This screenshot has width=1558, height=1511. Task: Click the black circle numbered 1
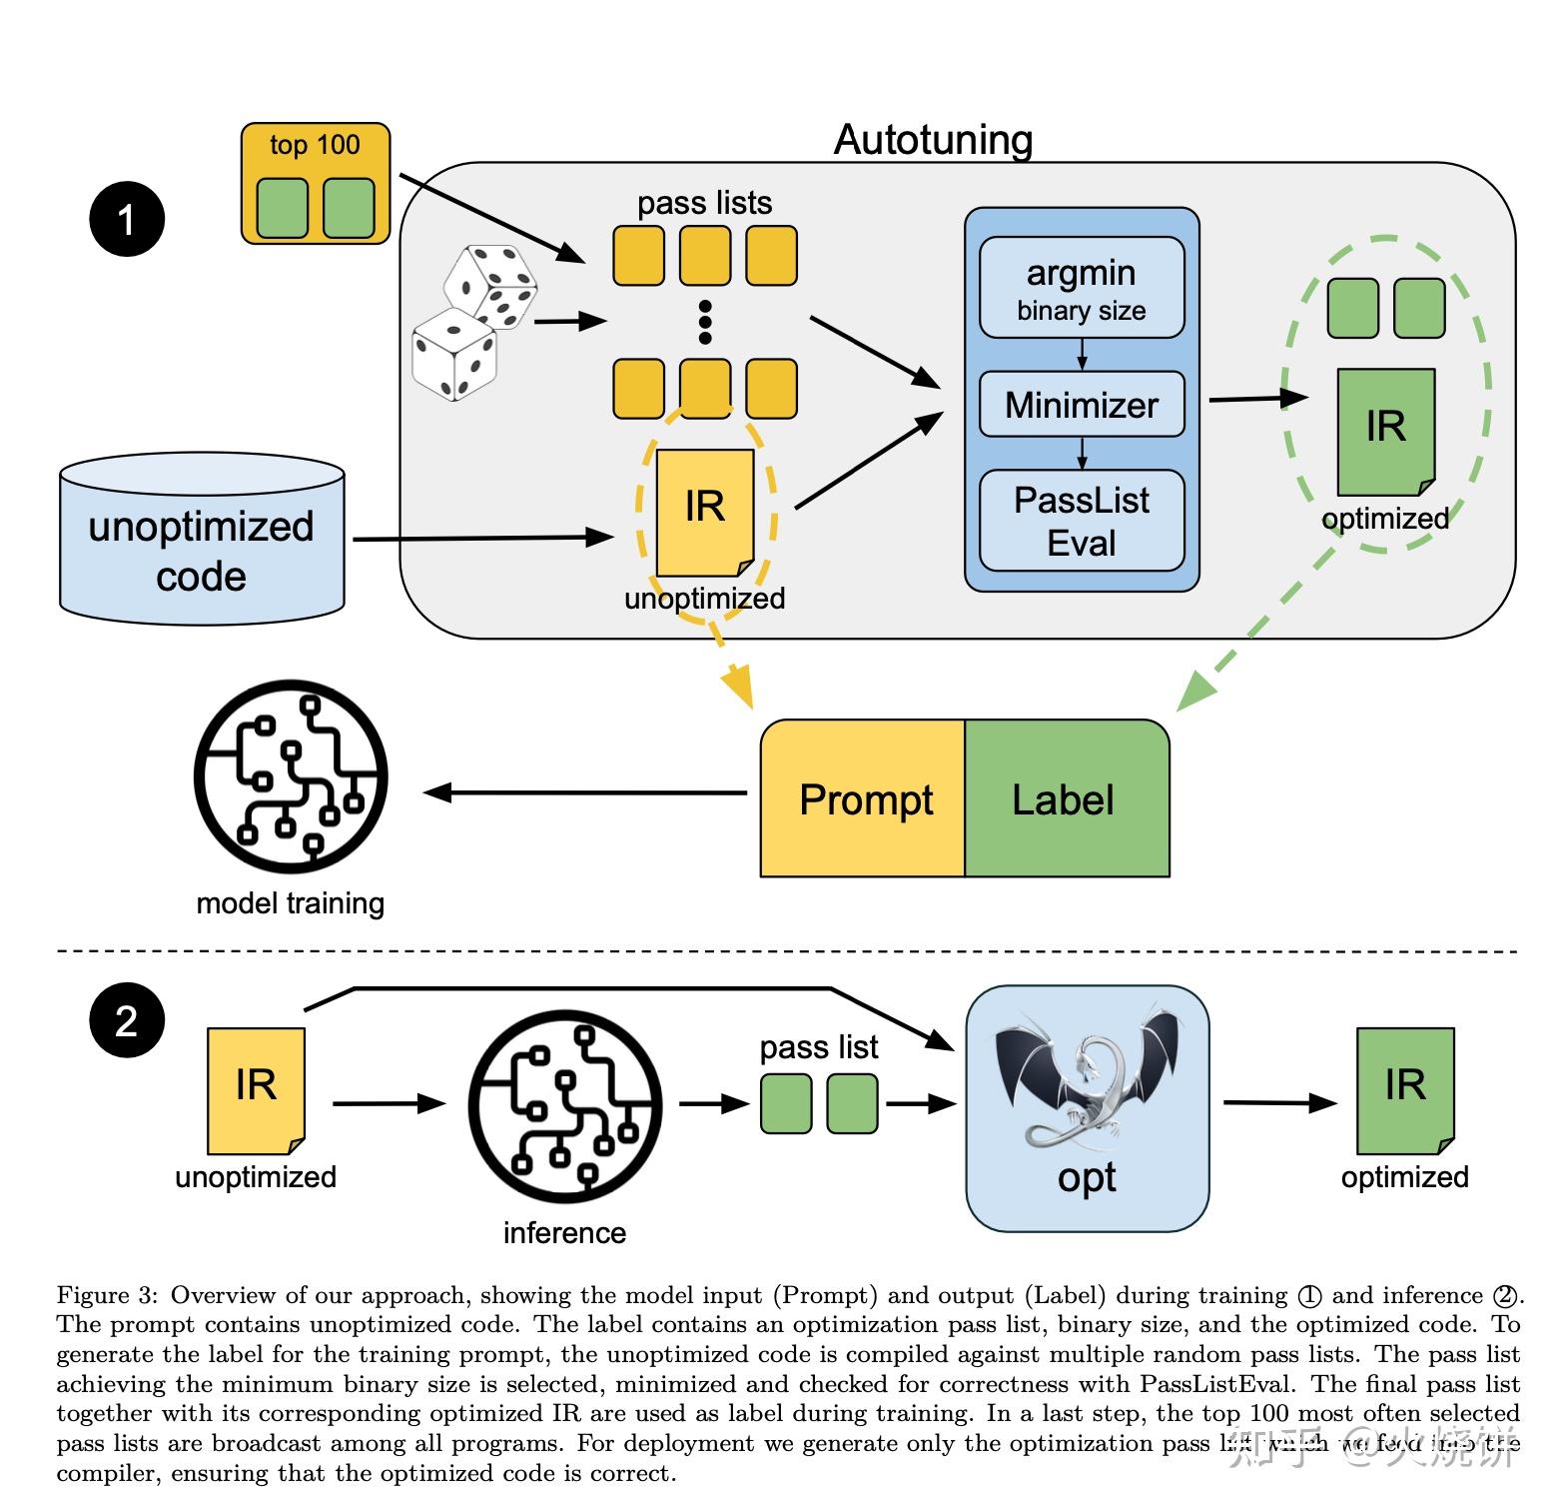[127, 219]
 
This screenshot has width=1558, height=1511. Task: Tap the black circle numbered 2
[127, 1020]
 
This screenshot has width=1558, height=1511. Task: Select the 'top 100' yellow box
[316, 184]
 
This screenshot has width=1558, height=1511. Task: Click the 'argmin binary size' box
[1082, 288]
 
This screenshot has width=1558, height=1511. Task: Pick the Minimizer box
[1082, 405]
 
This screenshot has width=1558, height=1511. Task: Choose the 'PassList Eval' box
[1082, 521]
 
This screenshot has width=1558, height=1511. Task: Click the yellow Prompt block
[864, 798]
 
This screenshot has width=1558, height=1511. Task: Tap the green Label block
[1066, 798]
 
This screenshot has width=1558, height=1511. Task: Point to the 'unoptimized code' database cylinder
[202, 541]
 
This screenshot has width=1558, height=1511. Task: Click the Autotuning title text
[933, 140]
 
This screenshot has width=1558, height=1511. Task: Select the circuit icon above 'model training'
[291, 777]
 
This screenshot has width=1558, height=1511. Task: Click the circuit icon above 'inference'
[565, 1107]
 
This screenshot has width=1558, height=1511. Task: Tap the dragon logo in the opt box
[1087, 1079]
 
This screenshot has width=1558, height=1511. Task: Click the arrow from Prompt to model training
[585, 792]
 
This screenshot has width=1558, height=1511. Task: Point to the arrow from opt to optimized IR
[1279, 1103]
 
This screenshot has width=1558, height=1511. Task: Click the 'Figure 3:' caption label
[107, 1295]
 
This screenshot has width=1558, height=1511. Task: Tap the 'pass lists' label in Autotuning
[704, 203]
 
